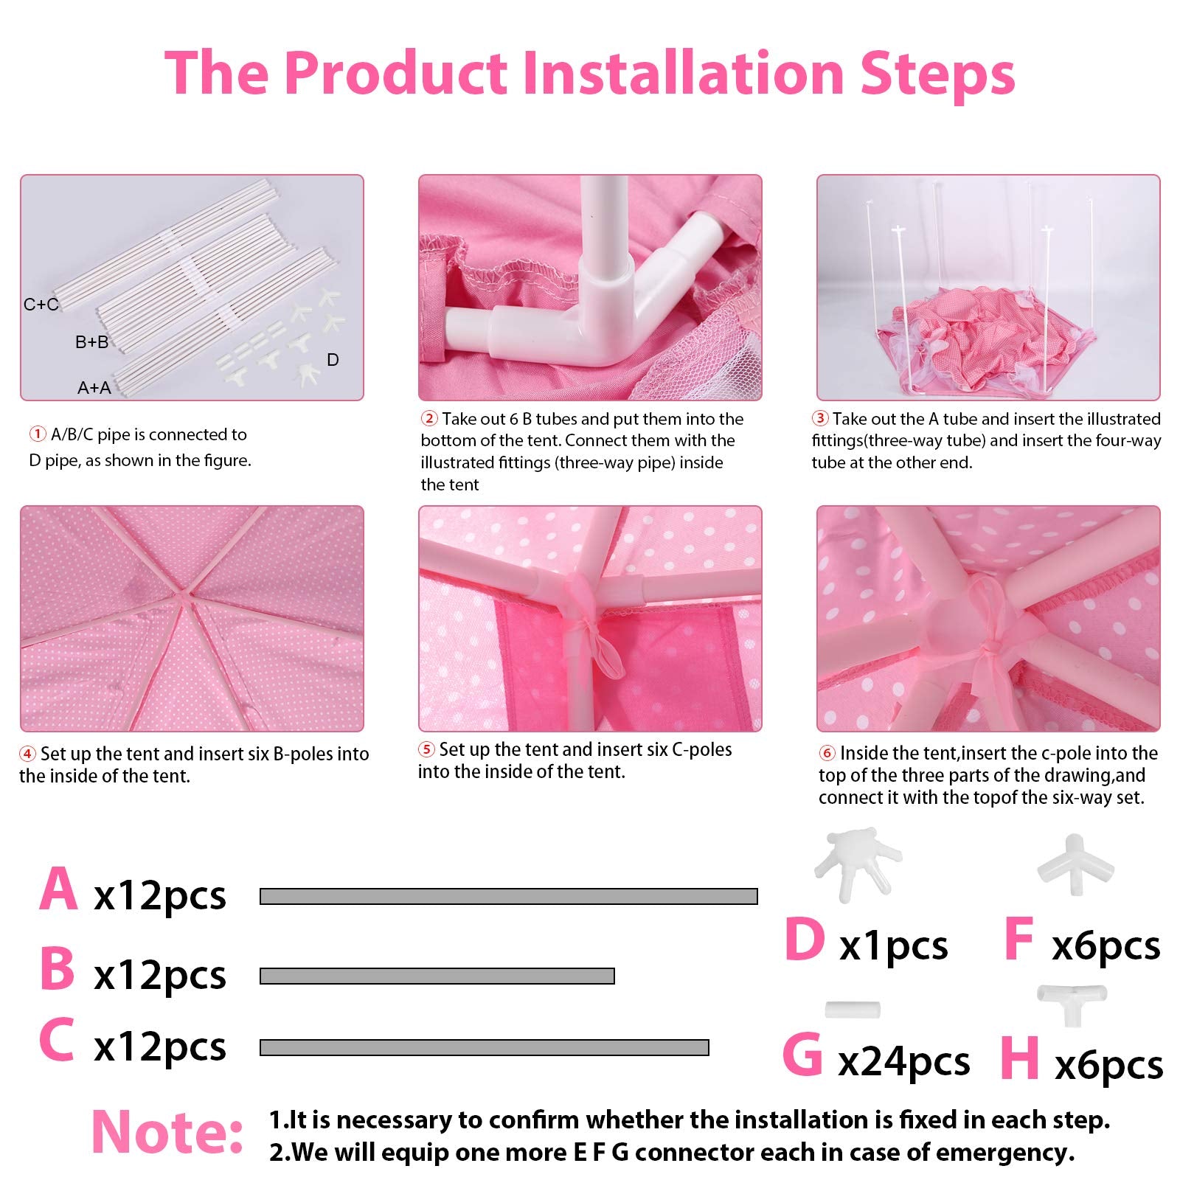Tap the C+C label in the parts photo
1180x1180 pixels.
click(41, 304)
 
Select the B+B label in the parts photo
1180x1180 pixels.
click(92, 342)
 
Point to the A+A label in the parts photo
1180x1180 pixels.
click(94, 387)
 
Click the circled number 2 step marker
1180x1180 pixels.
click(429, 419)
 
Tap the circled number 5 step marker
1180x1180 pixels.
click(426, 749)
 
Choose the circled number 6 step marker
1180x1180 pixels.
click(827, 753)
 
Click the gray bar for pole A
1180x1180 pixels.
click(509, 896)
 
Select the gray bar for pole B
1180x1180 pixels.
click(437, 976)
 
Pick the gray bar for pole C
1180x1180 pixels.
click(485, 1047)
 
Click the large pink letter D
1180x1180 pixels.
click(805, 939)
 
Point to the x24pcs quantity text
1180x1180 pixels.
click(904, 1062)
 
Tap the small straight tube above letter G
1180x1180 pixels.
click(853, 1009)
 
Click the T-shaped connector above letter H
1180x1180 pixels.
click(1072, 1003)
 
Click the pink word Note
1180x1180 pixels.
click(167, 1131)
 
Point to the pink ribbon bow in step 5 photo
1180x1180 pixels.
click(590, 627)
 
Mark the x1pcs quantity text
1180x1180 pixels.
click(894, 946)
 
